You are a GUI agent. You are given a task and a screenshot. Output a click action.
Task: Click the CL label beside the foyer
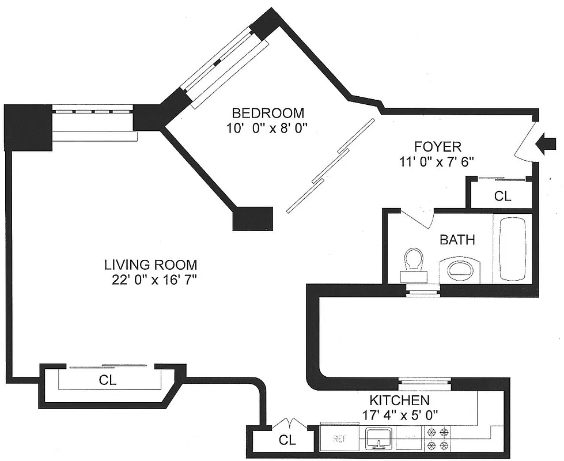[x=502, y=196]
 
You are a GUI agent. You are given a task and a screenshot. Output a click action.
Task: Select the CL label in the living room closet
[x=108, y=380]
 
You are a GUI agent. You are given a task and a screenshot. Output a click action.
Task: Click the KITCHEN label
[x=399, y=400]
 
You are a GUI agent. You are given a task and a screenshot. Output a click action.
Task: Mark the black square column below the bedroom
[x=252, y=218]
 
